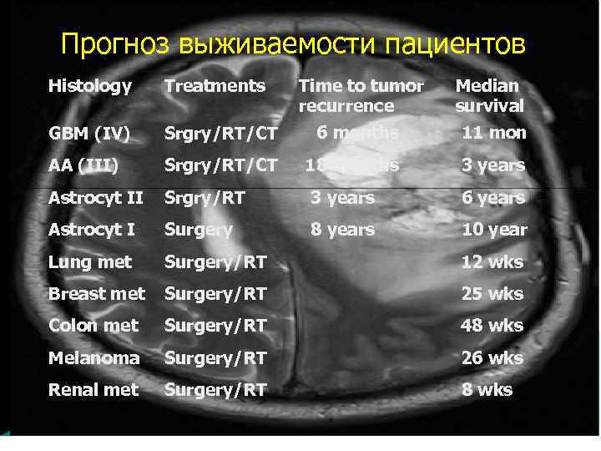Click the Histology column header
click(90, 85)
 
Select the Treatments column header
click(215, 85)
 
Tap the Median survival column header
click(489, 95)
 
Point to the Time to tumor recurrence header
click(361, 95)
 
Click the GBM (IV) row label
click(88, 133)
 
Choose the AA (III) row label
click(83, 165)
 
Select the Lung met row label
click(90, 261)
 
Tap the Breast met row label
click(97, 293)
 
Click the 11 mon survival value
click(493, 133)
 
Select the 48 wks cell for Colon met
click(492, 325)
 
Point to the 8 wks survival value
click(487, 389)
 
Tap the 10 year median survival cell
click(494, 230)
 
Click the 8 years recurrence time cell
click(342, 230)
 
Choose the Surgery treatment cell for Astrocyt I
click(199, 230)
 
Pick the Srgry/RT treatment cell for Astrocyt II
click(204, 198)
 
